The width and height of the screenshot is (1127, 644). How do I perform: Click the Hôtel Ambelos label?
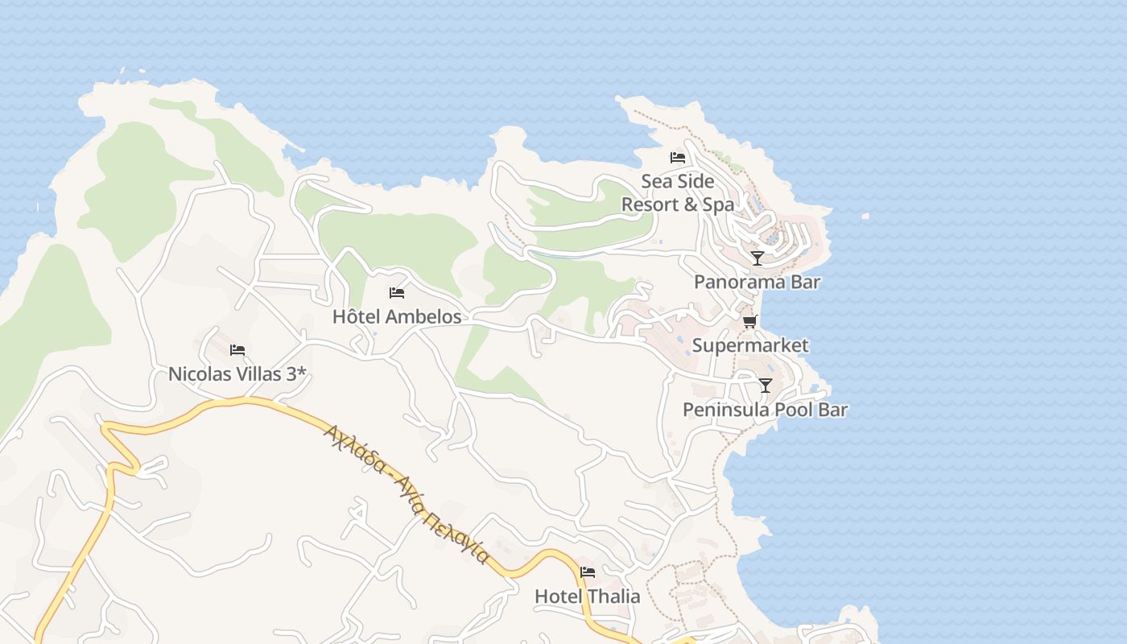(397, 316)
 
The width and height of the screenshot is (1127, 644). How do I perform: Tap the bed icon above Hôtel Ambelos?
(396, 292)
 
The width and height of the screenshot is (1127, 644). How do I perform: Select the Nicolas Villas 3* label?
(237, 374)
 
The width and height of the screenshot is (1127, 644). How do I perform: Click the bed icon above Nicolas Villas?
(237, 349)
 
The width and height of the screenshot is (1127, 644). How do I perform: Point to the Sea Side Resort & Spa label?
(678, 193)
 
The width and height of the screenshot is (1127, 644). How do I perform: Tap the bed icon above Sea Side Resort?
(678, 157)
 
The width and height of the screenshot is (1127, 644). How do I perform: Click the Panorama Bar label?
(757, 282)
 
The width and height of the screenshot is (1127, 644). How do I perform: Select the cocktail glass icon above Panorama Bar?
(758, 258)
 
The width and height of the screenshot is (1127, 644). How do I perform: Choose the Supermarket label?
(750, 345)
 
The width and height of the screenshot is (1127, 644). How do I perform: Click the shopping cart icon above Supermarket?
(749, 322)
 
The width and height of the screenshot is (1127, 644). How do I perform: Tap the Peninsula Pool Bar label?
(765, 410)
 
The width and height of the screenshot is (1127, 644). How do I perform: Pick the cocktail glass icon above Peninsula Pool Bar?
(766, 386)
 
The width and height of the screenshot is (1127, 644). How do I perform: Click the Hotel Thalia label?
(588, 597)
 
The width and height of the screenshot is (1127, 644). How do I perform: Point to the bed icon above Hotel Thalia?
(588, 572)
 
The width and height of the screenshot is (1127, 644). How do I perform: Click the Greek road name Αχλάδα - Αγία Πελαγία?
(406, 493)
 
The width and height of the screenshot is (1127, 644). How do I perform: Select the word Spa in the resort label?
(719, 204)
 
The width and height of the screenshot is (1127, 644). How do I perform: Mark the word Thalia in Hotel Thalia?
(613, 597)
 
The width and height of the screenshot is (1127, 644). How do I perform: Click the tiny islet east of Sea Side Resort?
(865, 216)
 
